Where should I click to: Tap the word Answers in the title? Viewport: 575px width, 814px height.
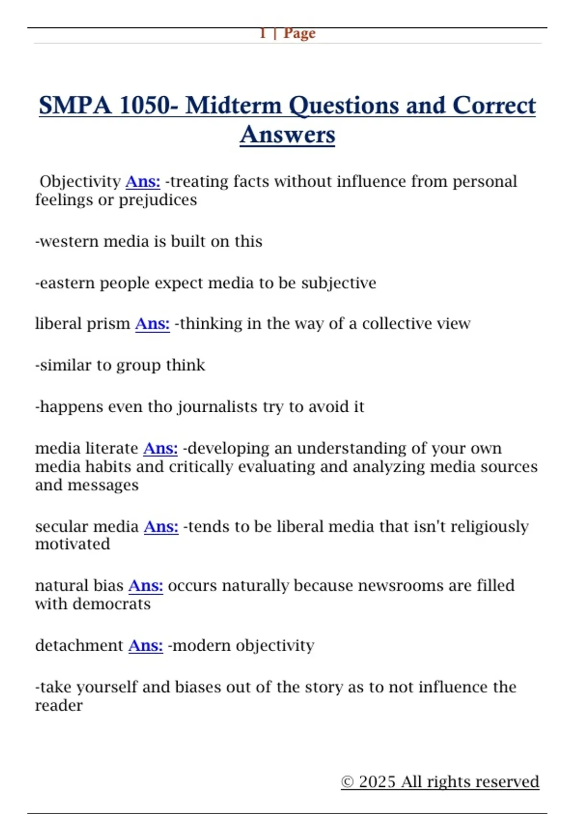287,135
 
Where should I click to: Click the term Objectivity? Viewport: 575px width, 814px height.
80,181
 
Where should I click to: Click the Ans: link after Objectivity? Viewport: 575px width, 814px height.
143,181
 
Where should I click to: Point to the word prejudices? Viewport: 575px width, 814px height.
158,200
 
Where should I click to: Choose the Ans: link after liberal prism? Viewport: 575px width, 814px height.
152,324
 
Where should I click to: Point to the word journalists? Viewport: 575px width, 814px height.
218,407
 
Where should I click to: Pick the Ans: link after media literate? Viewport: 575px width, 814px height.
161,448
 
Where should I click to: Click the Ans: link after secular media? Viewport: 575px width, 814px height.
161,527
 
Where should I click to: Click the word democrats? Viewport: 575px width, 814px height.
112,604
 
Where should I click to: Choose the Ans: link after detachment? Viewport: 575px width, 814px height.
146,645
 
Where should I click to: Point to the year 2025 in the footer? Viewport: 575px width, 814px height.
378,781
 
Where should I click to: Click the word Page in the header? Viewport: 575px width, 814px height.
299,34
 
